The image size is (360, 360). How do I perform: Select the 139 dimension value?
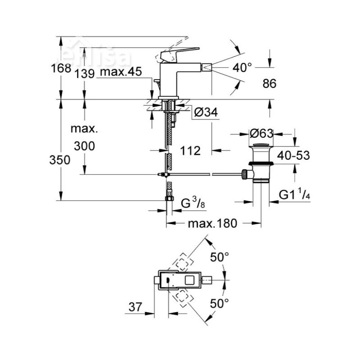point(85,73)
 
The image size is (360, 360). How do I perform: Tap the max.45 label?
point(121,72)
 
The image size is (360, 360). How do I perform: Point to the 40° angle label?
point(243,68)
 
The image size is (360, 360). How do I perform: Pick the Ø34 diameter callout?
point(207,113)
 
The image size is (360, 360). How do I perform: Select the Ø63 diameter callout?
point(262,134)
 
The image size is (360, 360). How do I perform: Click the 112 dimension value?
point(190,151)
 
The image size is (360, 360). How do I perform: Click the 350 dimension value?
point(60,160)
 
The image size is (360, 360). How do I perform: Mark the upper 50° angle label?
point(220,258)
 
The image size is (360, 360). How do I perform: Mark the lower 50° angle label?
point(220,303)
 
